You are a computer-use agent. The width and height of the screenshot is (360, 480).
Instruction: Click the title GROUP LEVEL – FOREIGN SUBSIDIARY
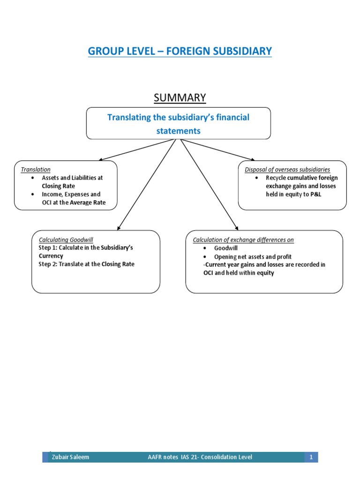(x=180, y=51)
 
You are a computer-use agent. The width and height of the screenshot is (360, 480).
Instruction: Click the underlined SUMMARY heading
(x=180, y=97)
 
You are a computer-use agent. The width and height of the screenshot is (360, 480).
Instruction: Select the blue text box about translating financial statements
(x=178, y=124)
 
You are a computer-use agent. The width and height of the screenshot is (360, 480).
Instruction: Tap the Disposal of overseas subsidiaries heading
(x=287, y=169)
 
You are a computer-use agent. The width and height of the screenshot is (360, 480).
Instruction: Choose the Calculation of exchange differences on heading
(x=243, y=240)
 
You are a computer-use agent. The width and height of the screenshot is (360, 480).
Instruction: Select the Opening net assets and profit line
(x=253, y=256)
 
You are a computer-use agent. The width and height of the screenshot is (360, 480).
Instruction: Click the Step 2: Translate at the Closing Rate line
(x=86, y=264)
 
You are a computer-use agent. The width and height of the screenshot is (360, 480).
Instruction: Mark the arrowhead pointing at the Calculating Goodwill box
(x=118, y=227)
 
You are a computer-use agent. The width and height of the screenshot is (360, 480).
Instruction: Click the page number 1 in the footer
(x=311, y=457)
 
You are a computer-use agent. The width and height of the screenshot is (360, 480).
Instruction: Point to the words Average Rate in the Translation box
(x=89, y=202)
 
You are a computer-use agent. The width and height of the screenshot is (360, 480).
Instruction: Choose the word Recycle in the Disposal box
(x=276, y=178)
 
